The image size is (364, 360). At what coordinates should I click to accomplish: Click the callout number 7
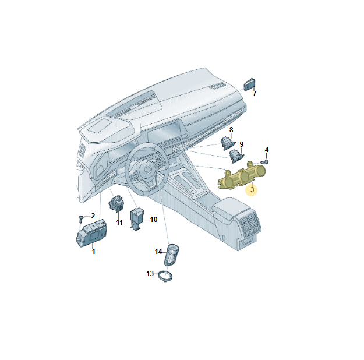tap(255, 94)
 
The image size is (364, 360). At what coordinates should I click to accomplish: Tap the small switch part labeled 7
tap(249, 84)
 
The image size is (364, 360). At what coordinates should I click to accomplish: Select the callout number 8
tap(231, 130)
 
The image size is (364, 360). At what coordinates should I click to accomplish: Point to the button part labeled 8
tap(228, 143)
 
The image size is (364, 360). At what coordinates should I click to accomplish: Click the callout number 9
tap(242, 144)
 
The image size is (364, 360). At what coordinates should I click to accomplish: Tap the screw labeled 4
tap(265, 162)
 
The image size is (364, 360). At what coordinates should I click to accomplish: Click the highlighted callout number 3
tap(252, 190)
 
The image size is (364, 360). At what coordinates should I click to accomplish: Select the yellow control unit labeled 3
tap(242, 175)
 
